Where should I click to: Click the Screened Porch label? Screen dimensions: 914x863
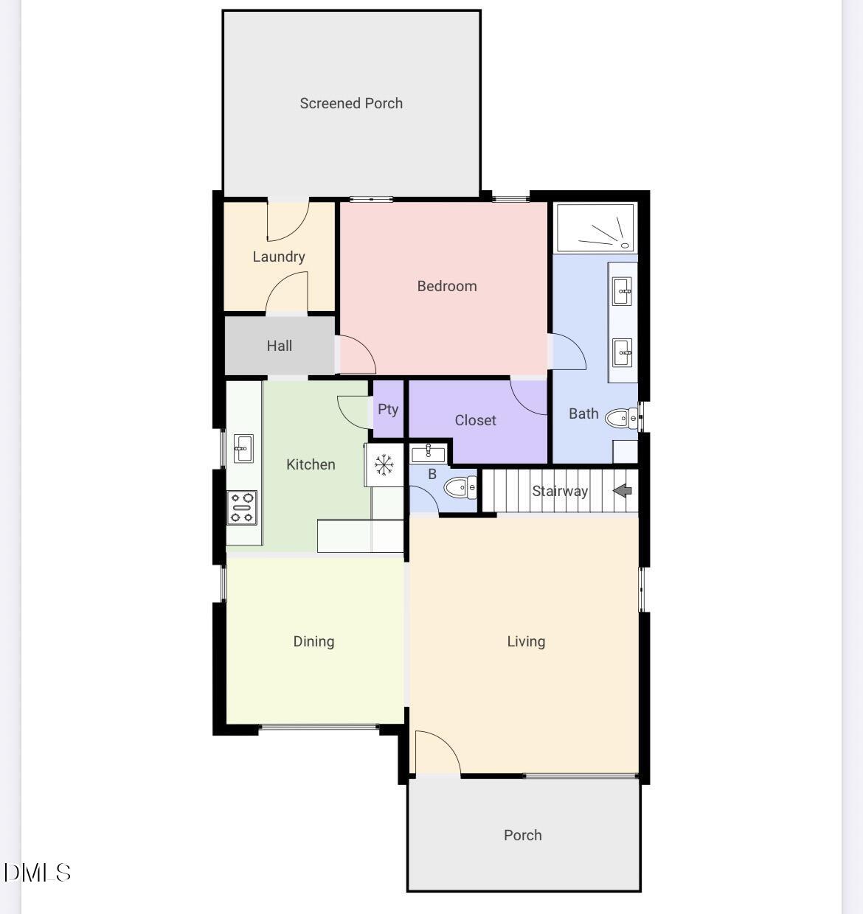(351, 103)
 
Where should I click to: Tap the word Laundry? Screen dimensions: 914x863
(279, 257)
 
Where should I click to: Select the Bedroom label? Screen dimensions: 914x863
(447, 286)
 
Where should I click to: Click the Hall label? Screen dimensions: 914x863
(280, 346)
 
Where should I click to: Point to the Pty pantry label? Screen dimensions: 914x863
(388, 409)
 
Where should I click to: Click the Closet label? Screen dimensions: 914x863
(475, 420)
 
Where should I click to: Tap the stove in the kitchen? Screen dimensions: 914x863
(242, 508)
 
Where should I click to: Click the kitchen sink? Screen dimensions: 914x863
(243, 447)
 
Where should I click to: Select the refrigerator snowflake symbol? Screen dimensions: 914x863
(384, 465)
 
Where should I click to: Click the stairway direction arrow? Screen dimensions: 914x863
(623, 490)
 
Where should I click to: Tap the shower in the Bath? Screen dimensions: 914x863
(595, 228)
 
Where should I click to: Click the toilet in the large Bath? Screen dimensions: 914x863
(621, 419)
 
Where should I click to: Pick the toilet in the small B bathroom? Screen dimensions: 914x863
(460, 487)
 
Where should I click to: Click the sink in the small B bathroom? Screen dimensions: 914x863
(428, 453)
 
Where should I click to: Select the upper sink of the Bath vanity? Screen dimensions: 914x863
(623, 290)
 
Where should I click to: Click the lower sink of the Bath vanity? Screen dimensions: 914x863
(623, 352)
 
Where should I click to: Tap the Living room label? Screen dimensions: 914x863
(526, 641)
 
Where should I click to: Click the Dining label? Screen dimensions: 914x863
(313, 641)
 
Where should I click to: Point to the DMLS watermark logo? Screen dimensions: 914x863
(37, 873)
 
